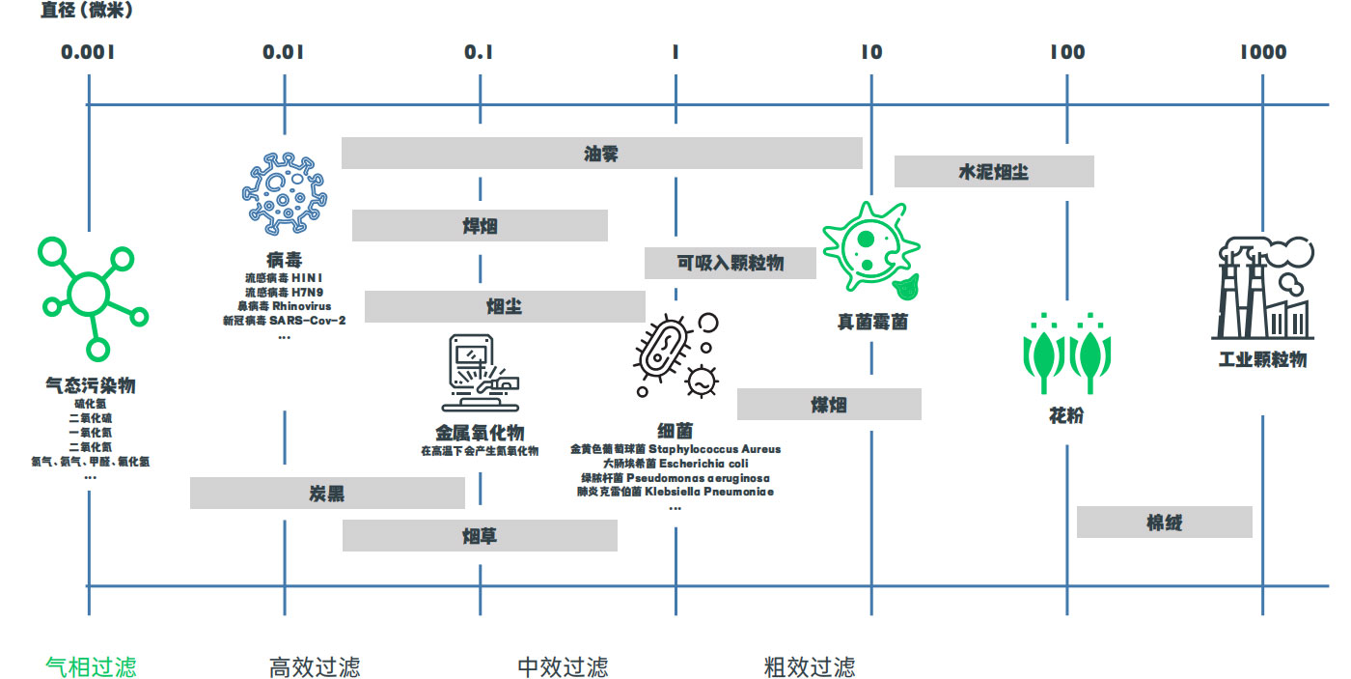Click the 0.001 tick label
click(x=88, y=52)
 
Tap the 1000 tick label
click(x=1263, y=52)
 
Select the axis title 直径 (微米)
click(x=88, y=12)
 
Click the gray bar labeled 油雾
click(x=601, y=154)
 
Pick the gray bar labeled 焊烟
click(x=480, y=226)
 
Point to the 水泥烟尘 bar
click(x=993, y=172)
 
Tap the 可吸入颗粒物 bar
click(x=730, y=263)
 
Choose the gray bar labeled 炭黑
click(x=327, y=494)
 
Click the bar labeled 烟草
click(x=480, y=536)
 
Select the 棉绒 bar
click(x=1164, y=523)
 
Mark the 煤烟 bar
click(x=829, y=405)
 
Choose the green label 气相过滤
click(x=91, y=666)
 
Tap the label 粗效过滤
click(x=809, y=666)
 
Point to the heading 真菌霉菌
click(x=872, y=322)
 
